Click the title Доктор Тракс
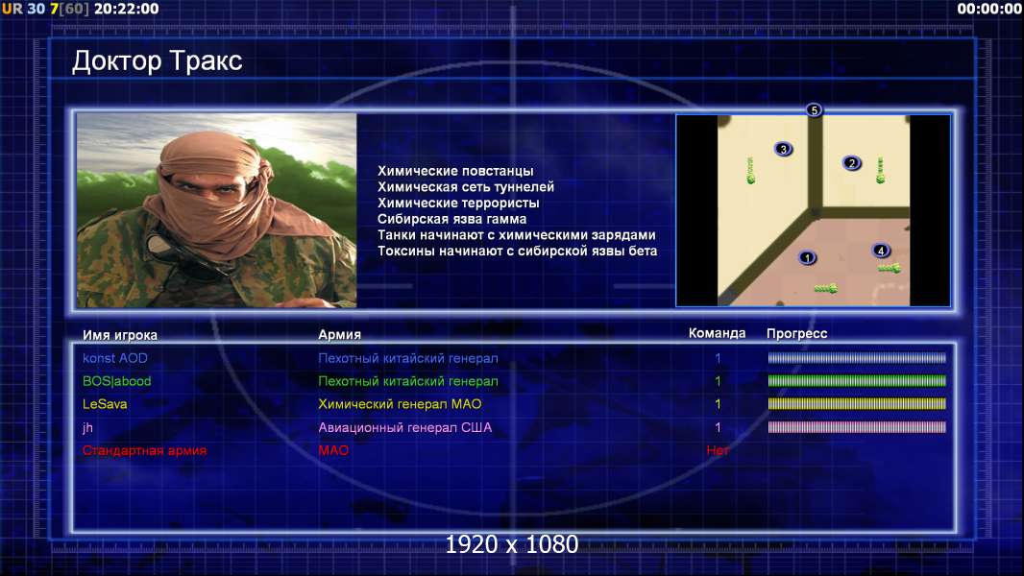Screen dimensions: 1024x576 157,61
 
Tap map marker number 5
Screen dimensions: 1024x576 814,110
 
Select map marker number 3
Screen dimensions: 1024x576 783,149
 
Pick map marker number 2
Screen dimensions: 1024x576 851,163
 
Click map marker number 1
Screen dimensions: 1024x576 807,257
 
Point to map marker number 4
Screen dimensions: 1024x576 880,251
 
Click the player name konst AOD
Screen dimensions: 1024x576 115,358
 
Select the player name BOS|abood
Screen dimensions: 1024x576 116,381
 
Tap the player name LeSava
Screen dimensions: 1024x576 105,404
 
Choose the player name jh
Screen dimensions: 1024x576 87,428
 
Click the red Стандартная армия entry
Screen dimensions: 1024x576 144,450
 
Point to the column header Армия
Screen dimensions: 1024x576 340,335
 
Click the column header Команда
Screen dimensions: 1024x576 717,333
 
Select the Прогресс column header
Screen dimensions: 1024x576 796,334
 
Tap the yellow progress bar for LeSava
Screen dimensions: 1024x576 857,404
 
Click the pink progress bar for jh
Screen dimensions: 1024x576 857,427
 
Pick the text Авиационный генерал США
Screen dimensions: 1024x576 405,428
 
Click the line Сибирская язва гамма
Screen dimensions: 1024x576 451,219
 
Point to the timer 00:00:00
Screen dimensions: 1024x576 989,10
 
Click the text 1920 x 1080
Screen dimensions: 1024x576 512,544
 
